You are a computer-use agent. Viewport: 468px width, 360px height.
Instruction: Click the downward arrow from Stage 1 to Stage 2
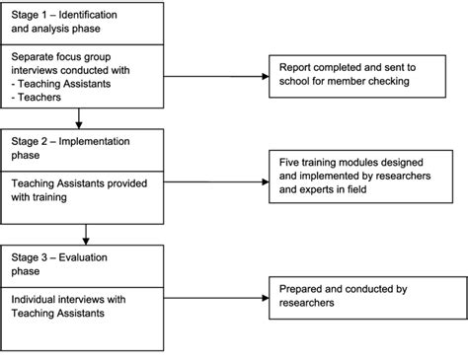[78, 122]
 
